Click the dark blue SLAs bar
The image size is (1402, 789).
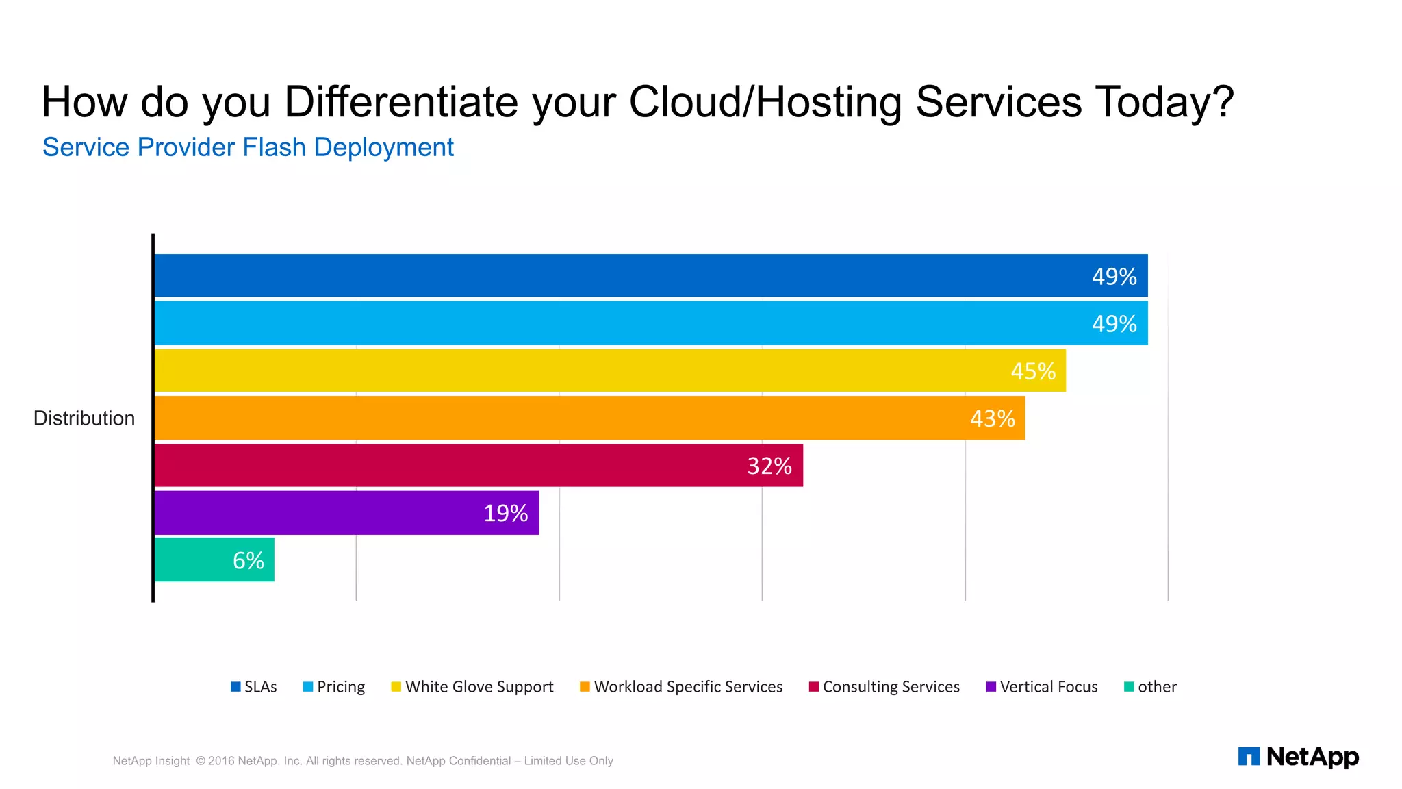(650, 275)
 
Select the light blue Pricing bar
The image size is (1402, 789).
(650, 323)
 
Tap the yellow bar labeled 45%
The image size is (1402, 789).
(609, 371)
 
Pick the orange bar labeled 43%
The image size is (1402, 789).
(589, 418)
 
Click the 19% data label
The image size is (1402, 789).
(505, 513)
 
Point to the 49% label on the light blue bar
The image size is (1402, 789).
(1114, 323)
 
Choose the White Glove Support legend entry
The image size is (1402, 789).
(472, 687)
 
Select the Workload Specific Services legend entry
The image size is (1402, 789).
(681, 687)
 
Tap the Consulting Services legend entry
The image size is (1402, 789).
(884, 687)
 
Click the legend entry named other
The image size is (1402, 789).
(1150, 687)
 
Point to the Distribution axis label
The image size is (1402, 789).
(84, 418)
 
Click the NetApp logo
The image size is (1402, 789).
(1298, 757)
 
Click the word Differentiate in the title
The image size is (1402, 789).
(402, 103)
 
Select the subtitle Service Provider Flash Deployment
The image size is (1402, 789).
(248, 147)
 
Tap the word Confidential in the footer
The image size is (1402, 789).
(480, 761)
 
